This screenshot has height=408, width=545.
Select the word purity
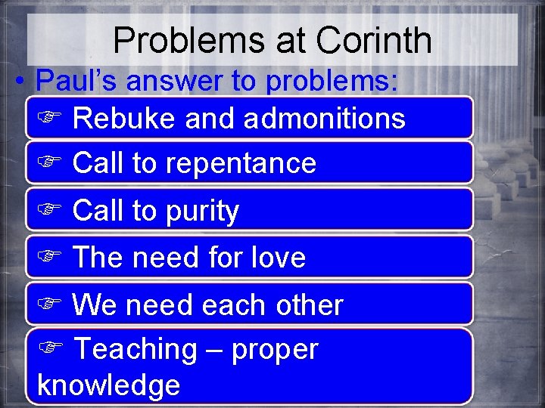(x=198, y=212)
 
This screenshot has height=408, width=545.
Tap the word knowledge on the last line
(x=108, y=385)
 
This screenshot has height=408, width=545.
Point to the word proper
(x=275, y=351)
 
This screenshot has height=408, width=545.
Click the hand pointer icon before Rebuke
(x=48, y=119)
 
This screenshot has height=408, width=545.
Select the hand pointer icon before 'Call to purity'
(x=48, y=212)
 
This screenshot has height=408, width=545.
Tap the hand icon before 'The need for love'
(x=48, y=258)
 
